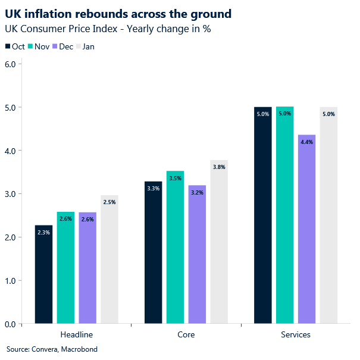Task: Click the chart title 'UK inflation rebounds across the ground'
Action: tap(118, 12)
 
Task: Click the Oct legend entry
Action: tap(15, 46)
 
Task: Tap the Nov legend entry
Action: tap(38, 46)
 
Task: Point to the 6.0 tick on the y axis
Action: tap(10, 64)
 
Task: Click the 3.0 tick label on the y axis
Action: tap(10, 194)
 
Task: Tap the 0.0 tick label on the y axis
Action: tap(10, 324)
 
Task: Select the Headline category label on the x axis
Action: tap(77, 334)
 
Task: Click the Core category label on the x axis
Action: tap(186, 334)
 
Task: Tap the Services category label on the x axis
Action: tap(296, 334)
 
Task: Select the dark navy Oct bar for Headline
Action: tap(43, 274)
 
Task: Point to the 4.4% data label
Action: tap(306, 142)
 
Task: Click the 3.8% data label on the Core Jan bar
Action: tap(219, 167)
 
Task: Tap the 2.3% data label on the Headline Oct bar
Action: tap(43, 233)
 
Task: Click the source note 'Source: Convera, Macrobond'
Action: tap(52, 349)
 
